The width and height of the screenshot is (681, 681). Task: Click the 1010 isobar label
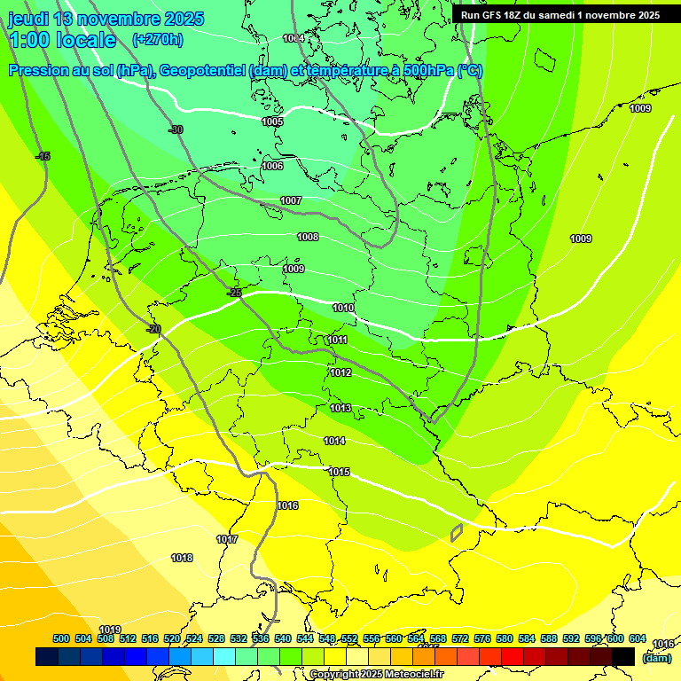pyautogui.click(x=343, y=309)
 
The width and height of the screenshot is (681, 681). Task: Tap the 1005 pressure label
pyautogui.click(x=272, y=121)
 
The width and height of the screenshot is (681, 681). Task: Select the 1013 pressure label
pyautogui.click(x=340, y=408)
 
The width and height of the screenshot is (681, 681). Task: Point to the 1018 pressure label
pyautogui.click(x=182, y=558)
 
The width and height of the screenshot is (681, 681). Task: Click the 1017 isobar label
pyautogui.click(x=227, y=539)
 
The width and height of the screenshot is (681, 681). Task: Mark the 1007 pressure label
pyautogui.click(x=291, y=200)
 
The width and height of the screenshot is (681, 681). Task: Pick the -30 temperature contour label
pyautogui.click(x=176, y=129)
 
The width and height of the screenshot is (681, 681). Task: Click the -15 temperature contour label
pyautogui.click(x=43, y=157)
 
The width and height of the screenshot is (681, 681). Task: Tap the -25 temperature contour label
pyautogui.click(x=234, y=293)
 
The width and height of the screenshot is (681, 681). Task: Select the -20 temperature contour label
pyautogui.click(x=153, y=329)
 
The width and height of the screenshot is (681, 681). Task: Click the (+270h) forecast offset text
pyautogui.click(x=157, y=40)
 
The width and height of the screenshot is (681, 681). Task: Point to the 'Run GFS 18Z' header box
pyautogui.click(x=560, y=15)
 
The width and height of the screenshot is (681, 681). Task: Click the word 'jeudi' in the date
pyautogui.click(x=28, y=18)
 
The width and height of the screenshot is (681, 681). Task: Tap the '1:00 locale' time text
pyautogui.click(x=62, y=40)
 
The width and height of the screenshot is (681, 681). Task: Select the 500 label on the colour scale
pyautogui.click(x=61, y=638)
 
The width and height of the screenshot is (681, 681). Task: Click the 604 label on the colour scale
pyautogui.click(x=638, y=638)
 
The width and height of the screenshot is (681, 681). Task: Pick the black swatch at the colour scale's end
pyautogui.click(x=622, y=656)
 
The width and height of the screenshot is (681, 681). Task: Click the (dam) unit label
pyautogui.click(x=656, y=657)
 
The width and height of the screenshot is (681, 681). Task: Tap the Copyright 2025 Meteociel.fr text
pyautogui.click(x=376, y=675)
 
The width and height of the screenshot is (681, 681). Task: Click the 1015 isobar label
pyautogui.click(x=339, y=472)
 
